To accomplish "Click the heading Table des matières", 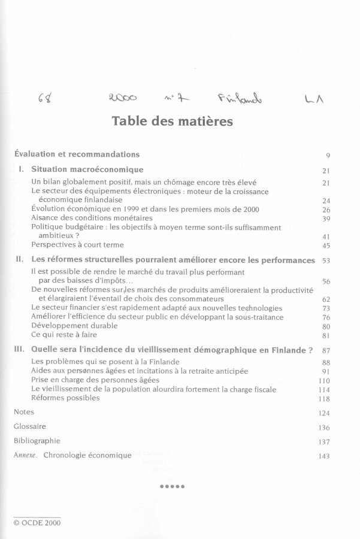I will point(172,122).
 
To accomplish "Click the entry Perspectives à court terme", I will point(77,244).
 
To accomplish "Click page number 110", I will point(325,380).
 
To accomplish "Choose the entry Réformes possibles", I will point(65,398).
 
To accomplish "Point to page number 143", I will point(325,456).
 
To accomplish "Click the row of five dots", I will point(173,486).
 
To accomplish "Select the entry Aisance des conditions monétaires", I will point(83,218).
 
